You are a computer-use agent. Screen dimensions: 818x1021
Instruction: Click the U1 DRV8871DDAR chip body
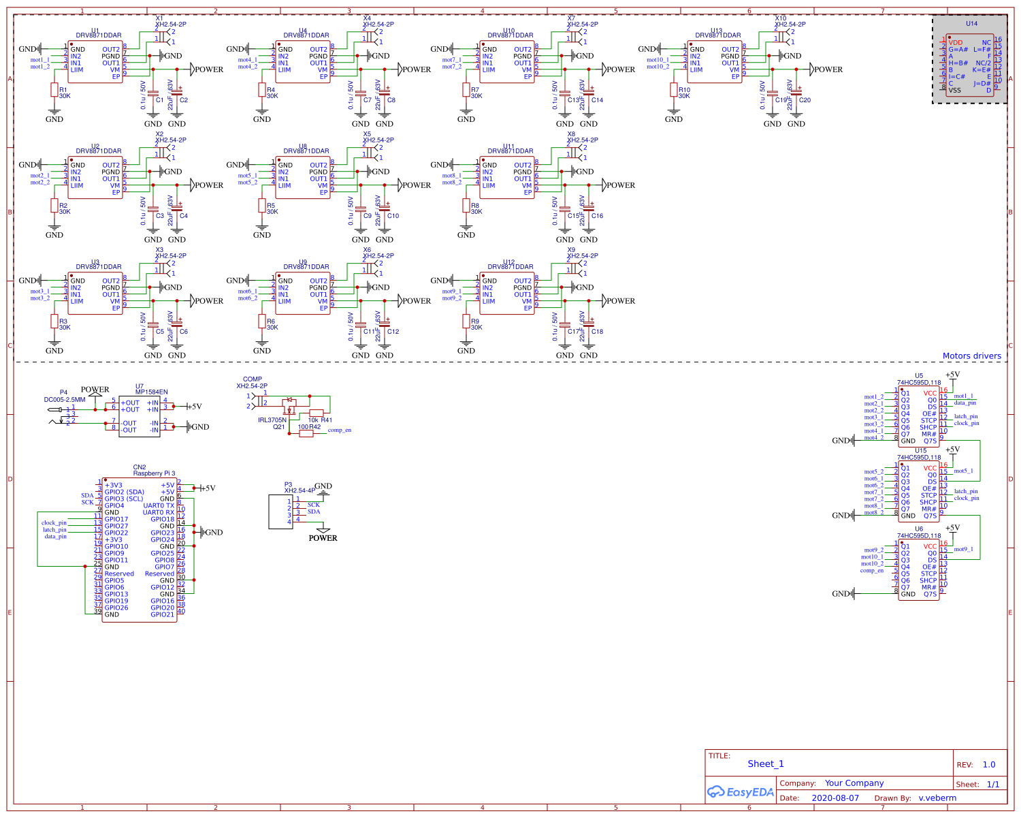(95, 63)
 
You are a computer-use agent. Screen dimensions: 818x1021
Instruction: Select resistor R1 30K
(54, 90)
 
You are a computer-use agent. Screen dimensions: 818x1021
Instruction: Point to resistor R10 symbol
(674, 90)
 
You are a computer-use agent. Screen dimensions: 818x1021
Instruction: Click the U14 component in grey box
(969, 66)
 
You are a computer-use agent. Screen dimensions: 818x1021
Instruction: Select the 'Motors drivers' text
(971, 356)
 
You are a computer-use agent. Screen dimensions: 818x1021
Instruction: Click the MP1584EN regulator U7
(140, 416)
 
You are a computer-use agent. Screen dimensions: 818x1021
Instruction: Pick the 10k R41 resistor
(317, 413)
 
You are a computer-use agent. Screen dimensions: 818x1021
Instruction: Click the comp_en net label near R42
(339, 430)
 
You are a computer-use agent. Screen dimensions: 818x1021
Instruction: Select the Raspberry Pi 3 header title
(154, 473)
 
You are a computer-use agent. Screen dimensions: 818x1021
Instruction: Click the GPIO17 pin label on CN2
(116, 519)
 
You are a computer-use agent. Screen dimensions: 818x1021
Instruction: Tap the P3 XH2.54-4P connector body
(280, 512)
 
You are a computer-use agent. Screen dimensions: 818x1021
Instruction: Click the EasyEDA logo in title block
(741, 792)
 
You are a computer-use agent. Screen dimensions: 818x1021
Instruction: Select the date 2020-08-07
(835, 798)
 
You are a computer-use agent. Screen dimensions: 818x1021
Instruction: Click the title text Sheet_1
(766, 764)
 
